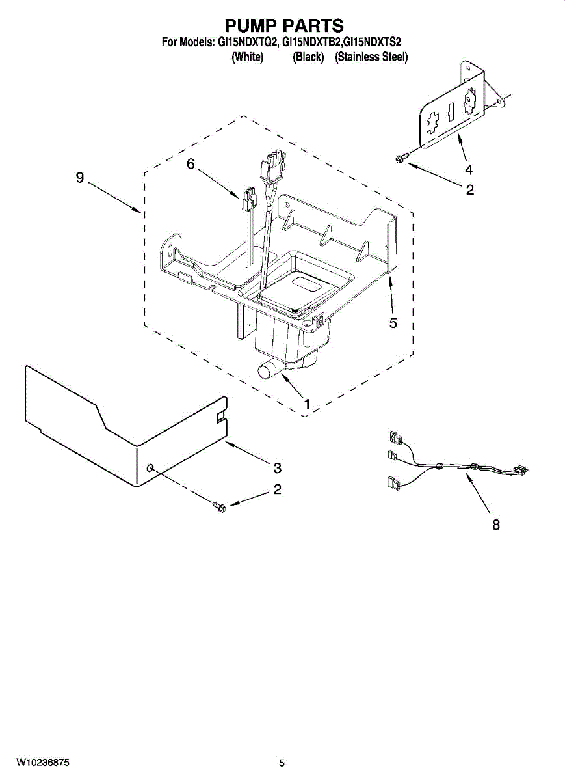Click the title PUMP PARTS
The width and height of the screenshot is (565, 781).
[283, 25]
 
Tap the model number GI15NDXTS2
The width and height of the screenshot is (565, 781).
[373, 42]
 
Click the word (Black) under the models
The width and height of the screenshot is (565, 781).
[308, 57]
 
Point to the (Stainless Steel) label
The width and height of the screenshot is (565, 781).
[371, 57]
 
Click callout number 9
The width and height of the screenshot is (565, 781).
[79, 178]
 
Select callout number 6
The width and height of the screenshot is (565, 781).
[191, 165]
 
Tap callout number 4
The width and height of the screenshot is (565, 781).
[468, 170]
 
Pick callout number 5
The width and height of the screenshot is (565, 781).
[393, 322]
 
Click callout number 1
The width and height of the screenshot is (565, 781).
[306, 404]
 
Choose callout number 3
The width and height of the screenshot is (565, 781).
[277, 467]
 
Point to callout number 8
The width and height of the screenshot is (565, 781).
[495, 525]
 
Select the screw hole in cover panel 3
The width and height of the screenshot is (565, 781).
[151, 468]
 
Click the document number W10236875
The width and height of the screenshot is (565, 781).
[43, 762]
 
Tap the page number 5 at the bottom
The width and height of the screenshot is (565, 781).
[282, 763]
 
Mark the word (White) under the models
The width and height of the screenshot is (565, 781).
[248, 57]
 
